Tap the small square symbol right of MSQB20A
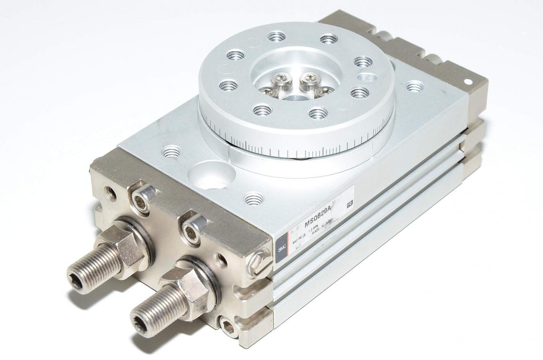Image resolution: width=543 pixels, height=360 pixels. pyautogui.click(x=349, y=204)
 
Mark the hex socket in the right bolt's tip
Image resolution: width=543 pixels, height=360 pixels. pyautogui.click(x=140, y=323)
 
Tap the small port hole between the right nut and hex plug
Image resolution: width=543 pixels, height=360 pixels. pyautogui.click(x=222, y=259)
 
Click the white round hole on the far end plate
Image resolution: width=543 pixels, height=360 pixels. pyautogui.click(x=469, y=83)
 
